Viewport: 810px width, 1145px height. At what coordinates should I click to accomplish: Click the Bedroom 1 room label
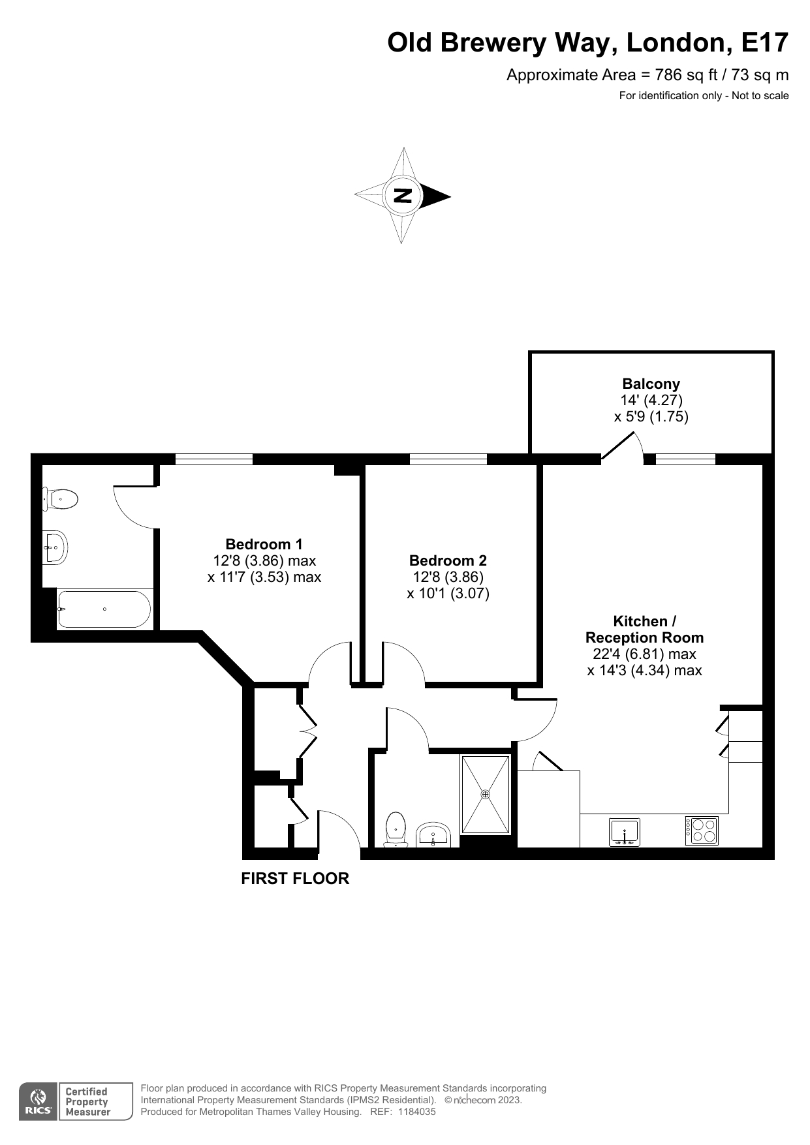tap(264, 544)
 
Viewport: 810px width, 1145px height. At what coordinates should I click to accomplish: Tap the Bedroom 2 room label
tap(448, 560)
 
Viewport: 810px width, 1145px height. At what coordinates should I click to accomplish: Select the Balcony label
tap(651, 384)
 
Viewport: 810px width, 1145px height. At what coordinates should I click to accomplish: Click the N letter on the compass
tap(403, 195)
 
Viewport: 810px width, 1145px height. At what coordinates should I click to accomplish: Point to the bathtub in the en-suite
tap(104, 609)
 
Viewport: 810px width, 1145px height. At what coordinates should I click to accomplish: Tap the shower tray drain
tap(485, 794)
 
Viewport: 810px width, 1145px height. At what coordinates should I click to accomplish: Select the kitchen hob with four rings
tap(702, 831)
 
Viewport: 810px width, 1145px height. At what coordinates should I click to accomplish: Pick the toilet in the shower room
tap(396, 829)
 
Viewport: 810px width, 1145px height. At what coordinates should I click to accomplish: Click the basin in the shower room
tap(433, 834)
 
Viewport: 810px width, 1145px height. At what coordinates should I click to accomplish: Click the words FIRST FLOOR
tap(295, 878)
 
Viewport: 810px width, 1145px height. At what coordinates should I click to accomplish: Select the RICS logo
tap(38, 1102)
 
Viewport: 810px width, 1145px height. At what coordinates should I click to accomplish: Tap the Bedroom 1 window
tap(213, 459)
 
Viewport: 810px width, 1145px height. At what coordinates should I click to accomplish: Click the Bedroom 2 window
tap(448, 459)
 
